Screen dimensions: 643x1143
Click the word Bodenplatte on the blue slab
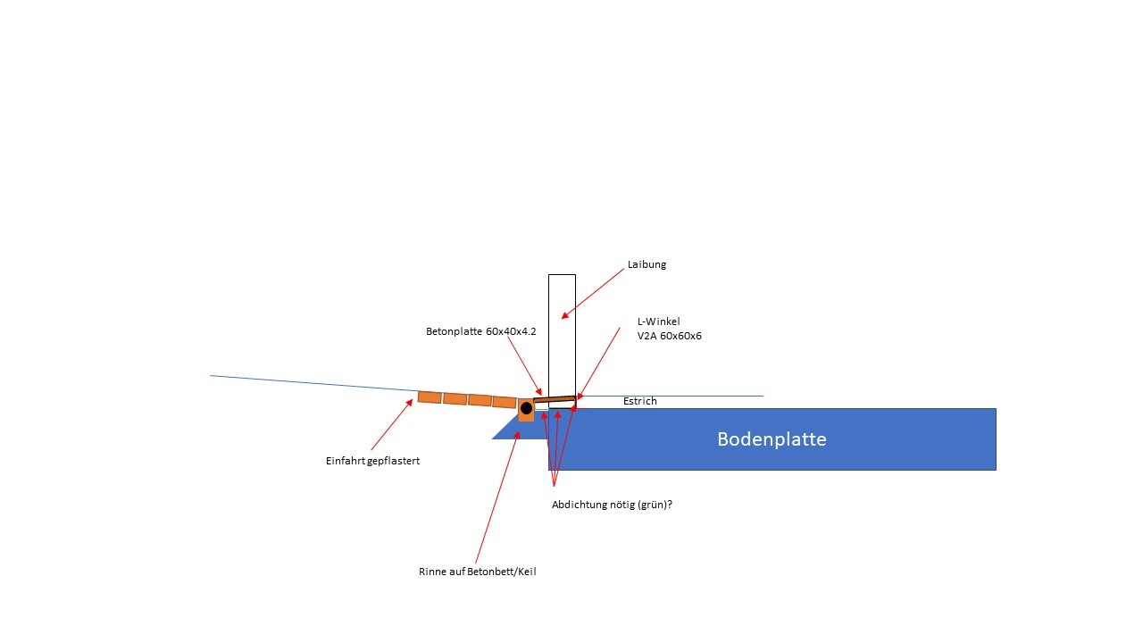pos(772,439)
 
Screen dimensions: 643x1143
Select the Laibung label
pos(647,264)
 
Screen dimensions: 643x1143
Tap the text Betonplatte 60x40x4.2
pos(480,331)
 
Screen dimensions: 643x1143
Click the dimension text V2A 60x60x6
pos(669,337)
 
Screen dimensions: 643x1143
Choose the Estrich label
pos(639,402)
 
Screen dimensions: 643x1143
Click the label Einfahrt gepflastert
pos(372,461)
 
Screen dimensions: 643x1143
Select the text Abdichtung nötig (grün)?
pos(612,505)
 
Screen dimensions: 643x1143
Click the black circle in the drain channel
pos(526,408)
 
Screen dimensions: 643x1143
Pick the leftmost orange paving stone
pos(430,397)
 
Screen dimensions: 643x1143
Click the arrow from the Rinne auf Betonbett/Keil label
pos(496,491)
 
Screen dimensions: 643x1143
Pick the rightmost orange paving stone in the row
pos(505,402)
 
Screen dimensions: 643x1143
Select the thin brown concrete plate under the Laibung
pos(555,399)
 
